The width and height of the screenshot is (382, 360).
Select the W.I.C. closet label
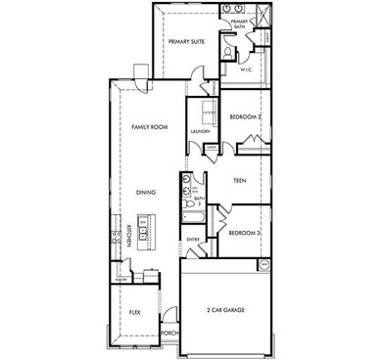pyautogui.click(x=246, y=70)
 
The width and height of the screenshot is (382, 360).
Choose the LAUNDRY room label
pyautogui.click(x=202, y=130)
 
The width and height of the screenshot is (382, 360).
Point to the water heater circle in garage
pyautogui.click(x=263, y=264)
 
